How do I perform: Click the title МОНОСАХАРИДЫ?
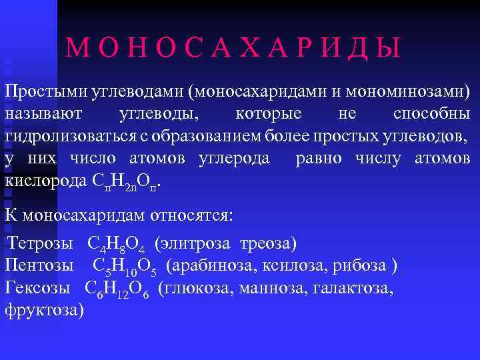[234, 48]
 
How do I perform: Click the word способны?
[431, 113]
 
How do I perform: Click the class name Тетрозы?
[43, 243]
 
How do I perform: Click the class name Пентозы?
[39, 266]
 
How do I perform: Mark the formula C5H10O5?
[125, 267]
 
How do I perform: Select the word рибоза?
[366, 266]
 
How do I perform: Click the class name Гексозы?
[39, 288]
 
